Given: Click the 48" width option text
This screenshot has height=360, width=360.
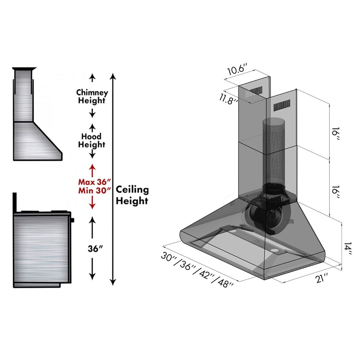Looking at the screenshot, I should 226,282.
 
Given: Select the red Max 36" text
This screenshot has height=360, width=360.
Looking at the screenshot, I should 95,182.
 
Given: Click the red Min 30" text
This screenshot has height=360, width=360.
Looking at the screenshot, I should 95,191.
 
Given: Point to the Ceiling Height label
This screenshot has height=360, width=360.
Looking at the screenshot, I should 132,195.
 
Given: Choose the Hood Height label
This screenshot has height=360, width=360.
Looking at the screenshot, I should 91,140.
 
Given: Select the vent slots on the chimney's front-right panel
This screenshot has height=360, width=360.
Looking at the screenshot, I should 282,107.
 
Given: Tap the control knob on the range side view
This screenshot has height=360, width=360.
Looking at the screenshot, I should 72,220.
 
